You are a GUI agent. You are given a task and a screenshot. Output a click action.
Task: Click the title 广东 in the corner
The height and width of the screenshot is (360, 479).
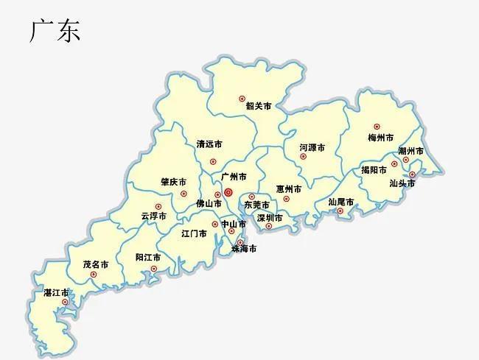coord(55,30)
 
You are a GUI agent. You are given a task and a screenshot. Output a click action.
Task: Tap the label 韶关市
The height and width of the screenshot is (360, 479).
coord(258,106)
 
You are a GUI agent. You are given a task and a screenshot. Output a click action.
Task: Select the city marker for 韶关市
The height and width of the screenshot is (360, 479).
coord(242,98)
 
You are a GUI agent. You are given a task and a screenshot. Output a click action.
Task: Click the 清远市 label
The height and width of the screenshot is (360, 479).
coord(209,144)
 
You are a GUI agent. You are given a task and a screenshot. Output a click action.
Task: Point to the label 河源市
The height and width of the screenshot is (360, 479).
coord(312,147)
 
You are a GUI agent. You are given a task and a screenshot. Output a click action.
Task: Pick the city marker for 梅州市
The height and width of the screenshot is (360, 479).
coord(377,127)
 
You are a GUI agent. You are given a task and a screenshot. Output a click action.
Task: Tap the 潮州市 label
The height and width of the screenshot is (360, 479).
coord(410,151)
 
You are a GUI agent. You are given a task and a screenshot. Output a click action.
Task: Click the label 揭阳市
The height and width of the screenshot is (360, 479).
coord(374,170)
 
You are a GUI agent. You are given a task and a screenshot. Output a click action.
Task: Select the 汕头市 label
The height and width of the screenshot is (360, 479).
coord(402,183)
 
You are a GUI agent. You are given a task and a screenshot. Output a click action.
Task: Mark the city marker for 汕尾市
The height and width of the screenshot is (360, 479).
coord(340,211)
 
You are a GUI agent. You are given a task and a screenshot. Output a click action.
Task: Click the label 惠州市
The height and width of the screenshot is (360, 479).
coord(289,188)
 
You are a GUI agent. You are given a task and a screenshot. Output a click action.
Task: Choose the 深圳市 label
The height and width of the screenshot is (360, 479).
coord(270,218)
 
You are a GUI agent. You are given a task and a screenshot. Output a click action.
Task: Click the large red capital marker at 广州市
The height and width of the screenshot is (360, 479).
coord(228,192)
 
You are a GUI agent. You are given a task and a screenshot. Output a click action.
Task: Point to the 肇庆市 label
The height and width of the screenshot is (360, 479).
coord(173,182)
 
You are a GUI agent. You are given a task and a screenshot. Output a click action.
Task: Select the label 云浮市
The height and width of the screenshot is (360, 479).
coord(153,216)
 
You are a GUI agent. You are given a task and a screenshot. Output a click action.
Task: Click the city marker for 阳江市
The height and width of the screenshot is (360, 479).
coord(153,269)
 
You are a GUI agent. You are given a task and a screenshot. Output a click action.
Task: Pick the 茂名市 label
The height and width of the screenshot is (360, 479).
coord(96,264)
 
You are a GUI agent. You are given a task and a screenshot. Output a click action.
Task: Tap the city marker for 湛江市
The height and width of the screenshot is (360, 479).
coord(65,302)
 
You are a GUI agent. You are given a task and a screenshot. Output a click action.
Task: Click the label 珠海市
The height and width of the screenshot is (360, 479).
coord(244,249)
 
